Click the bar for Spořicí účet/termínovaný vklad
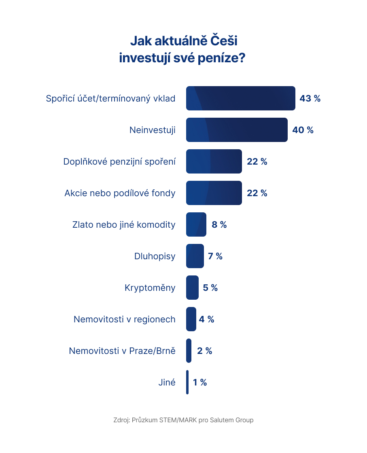[x=240, y=98]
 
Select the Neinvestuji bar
[x=237, y=130]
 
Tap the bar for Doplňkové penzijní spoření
[x=214, y=161]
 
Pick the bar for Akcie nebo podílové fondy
[x=214, y=193]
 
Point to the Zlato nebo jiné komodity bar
[x=196, y=224]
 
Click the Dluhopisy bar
[x=195, y=256]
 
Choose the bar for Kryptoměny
[x=192, y=288]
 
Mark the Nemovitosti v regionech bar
[x=191, y=319]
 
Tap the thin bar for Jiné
[x=187, y=382]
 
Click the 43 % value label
[x=310, y=98]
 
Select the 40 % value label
[x=303, y=130]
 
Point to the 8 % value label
[x=219, y=224]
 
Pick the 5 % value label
[x=210, y=288]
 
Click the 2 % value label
[x=204, y=351]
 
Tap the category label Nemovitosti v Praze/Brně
[x=122, y=351]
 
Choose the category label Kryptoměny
[x=150, y=288]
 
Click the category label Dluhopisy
[x=155, y=256]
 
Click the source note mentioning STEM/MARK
[x=183, y=420]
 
